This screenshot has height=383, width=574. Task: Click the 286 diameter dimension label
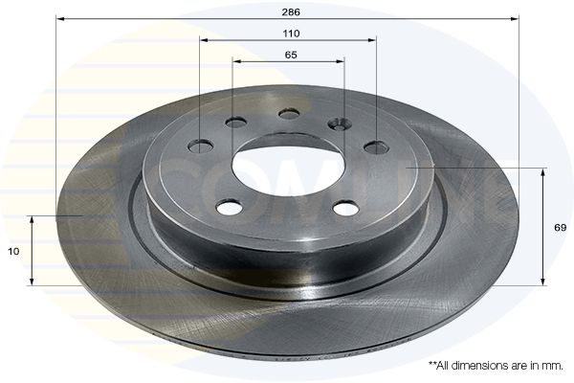(291, 12)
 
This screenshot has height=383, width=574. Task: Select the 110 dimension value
(291, 34)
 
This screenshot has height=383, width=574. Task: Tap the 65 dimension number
(291, 55)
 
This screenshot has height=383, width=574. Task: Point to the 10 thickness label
(13, 252)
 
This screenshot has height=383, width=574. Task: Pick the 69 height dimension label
(560, 228)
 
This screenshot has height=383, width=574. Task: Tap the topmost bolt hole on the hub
(289, 114)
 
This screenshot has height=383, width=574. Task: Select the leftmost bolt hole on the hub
(200, 146)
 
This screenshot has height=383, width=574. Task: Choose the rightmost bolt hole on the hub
(376, 147)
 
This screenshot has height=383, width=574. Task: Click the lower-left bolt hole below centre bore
(230, 207)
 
